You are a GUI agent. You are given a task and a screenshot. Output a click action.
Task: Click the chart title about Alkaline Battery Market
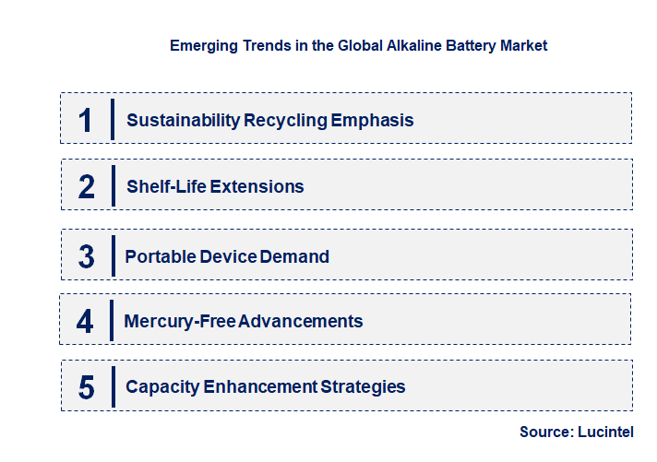[358, 45]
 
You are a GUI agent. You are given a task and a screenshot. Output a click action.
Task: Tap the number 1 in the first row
[86, 120]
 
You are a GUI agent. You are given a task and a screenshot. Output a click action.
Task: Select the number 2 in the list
[87, 187]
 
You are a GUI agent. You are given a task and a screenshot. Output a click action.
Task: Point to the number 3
[86, 257]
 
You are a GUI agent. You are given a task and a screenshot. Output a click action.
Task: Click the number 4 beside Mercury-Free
[85, 322]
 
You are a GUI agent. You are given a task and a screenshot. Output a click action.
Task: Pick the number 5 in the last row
[86, 387]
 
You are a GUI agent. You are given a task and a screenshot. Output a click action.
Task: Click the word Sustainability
[183, 121]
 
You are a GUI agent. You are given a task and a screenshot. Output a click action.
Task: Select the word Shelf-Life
[166, 187]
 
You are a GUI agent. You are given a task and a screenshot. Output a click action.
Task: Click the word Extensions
[257, 187]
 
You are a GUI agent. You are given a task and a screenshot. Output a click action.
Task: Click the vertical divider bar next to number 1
[112, 119]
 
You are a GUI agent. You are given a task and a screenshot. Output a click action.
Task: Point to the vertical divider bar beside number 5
[112, 386]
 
